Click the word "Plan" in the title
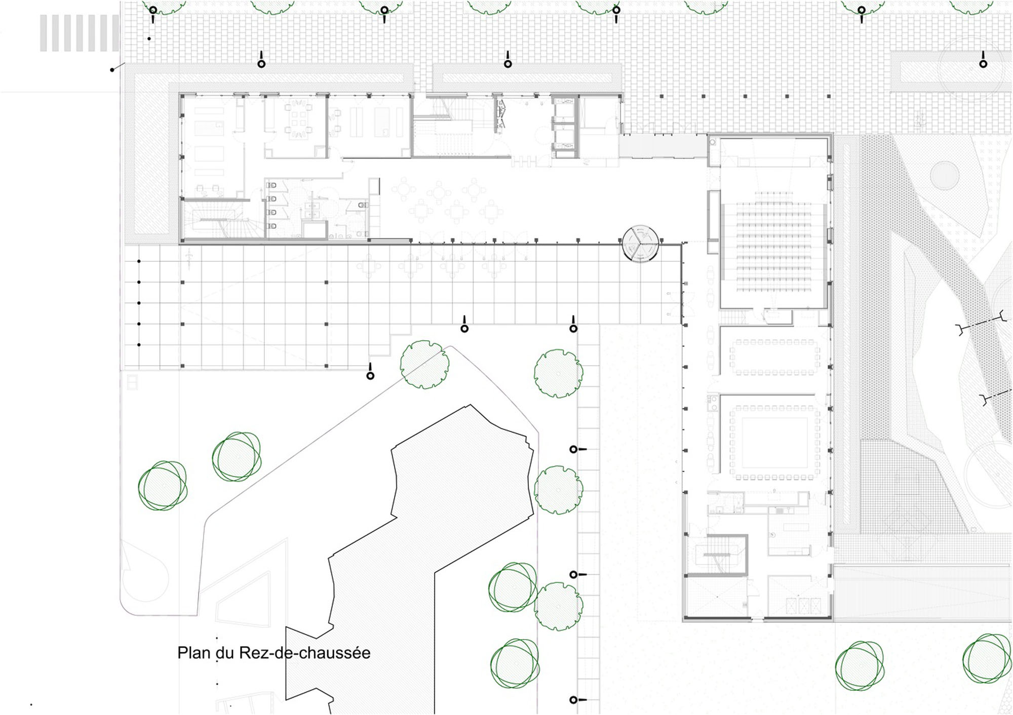194,653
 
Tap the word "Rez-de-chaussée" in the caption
304,653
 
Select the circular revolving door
641,244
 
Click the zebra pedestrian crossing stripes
80,33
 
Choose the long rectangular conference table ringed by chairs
774,357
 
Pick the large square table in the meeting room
774,443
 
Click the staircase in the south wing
716,554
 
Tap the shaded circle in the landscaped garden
945,175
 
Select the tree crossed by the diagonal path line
424,365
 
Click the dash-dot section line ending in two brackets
981,323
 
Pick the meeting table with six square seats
298,122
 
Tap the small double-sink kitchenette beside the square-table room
713,403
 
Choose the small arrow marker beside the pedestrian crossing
118,67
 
